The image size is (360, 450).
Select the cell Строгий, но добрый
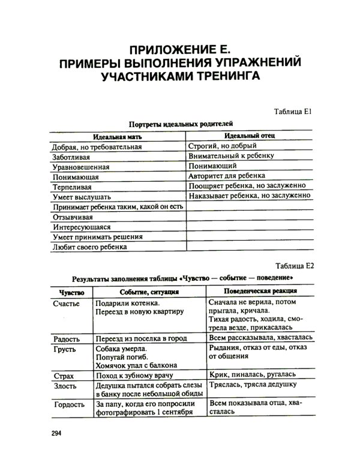pos(223,146)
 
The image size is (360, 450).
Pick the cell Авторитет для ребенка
pos(225,176)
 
